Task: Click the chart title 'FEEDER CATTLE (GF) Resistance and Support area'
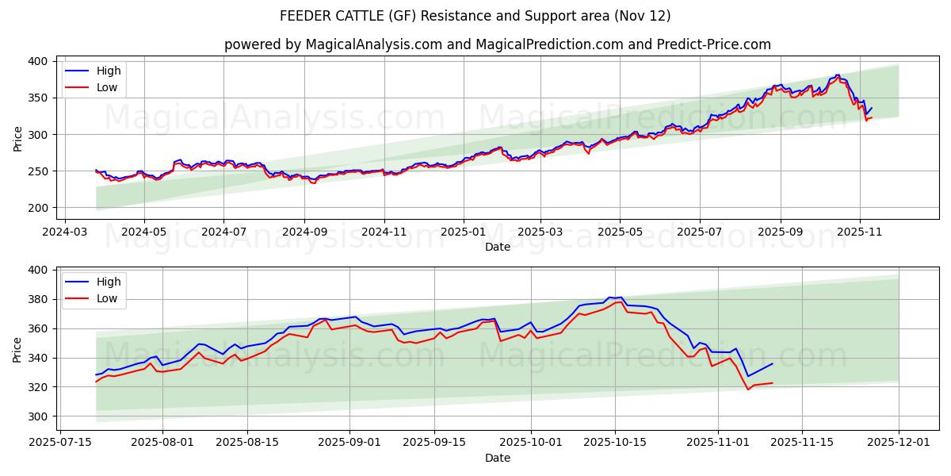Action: pos(475,16)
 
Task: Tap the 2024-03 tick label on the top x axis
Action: pos(64,232)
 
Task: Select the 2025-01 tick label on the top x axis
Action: pos(462,232)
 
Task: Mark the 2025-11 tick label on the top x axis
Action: pos(860,232)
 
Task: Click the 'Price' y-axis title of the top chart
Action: pos(17,138)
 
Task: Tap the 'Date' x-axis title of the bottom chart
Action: pos(497,458)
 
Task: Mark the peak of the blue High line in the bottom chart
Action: pos(621,297)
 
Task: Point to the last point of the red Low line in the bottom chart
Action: pos(772,383)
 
